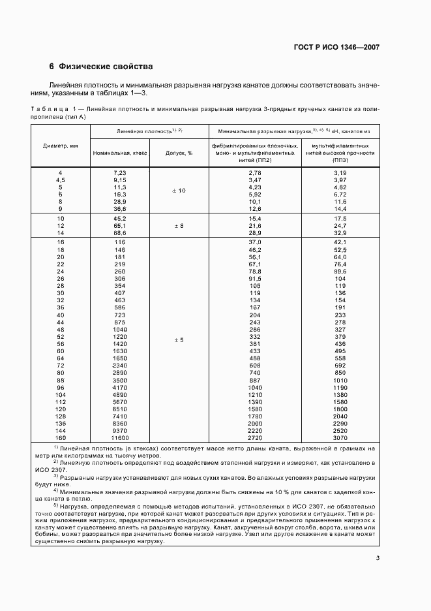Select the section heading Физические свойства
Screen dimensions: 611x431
[106, 67]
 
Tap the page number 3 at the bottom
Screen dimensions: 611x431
[378, 539]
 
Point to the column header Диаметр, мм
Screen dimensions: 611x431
[61, 146]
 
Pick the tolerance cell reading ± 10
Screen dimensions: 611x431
[179, 191]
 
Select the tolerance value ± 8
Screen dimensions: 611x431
[179, 225]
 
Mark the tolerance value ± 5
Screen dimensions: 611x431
[179, 340]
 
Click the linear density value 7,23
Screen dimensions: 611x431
[119, 172]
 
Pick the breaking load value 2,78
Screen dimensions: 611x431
[254, 172]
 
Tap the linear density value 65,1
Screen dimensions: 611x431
[119, 225]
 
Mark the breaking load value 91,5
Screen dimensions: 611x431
[254, 278]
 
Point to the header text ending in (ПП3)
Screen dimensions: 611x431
[340, 159]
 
